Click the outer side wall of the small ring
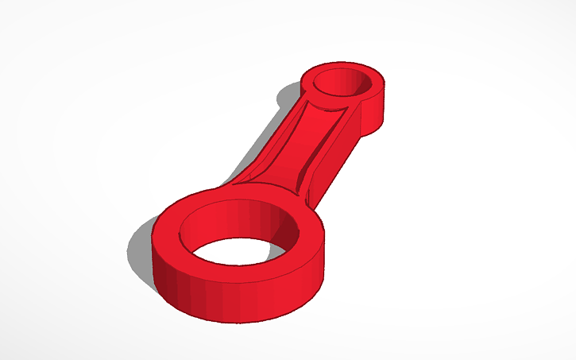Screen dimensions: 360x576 click(373, 111)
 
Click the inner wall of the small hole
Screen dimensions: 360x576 click(342, 78)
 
